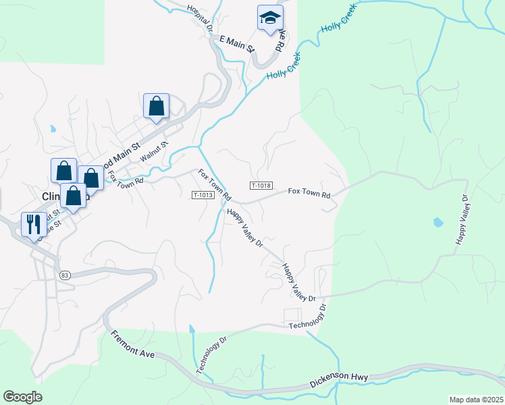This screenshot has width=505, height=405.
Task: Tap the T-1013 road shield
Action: click(203, 195)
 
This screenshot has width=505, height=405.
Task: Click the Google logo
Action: click(22, 397)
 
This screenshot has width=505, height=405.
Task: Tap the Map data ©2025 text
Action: click(476, 400)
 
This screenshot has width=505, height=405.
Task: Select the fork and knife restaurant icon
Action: click(33, 223)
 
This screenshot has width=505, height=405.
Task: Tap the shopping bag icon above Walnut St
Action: click(156, 106)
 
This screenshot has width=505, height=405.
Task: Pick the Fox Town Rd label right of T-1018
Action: click(309, 194)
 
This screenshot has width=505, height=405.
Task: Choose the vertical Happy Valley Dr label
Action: click(462, 219)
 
